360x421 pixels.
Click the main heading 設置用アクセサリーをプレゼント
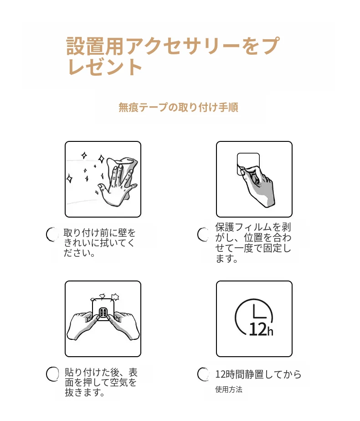(173, 56)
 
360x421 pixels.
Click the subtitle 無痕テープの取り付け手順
(178, 107)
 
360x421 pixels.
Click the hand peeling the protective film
(257, 186)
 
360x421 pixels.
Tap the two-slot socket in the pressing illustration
(103, 312)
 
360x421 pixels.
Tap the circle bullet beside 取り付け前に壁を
(52, 234)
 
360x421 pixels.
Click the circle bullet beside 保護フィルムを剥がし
(203, 234)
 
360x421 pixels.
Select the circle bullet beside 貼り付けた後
(52, 374)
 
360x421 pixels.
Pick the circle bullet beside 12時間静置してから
(203, 374)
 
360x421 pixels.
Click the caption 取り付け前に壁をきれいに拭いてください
(99, 243)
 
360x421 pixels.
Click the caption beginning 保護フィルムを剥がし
(253, 243)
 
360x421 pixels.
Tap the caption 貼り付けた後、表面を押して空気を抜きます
(101, 382)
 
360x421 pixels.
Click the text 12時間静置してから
(258, 374)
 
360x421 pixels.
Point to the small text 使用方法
(229, 390)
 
